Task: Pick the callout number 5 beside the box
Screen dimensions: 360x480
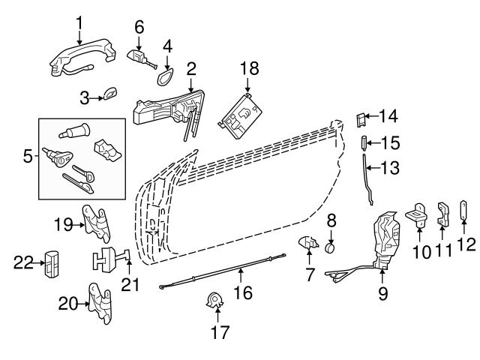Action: point(28,157)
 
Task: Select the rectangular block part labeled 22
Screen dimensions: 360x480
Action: point(52,263)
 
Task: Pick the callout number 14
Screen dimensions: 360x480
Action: point(388,116)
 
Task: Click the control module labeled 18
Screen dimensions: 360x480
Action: point(242,113)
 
